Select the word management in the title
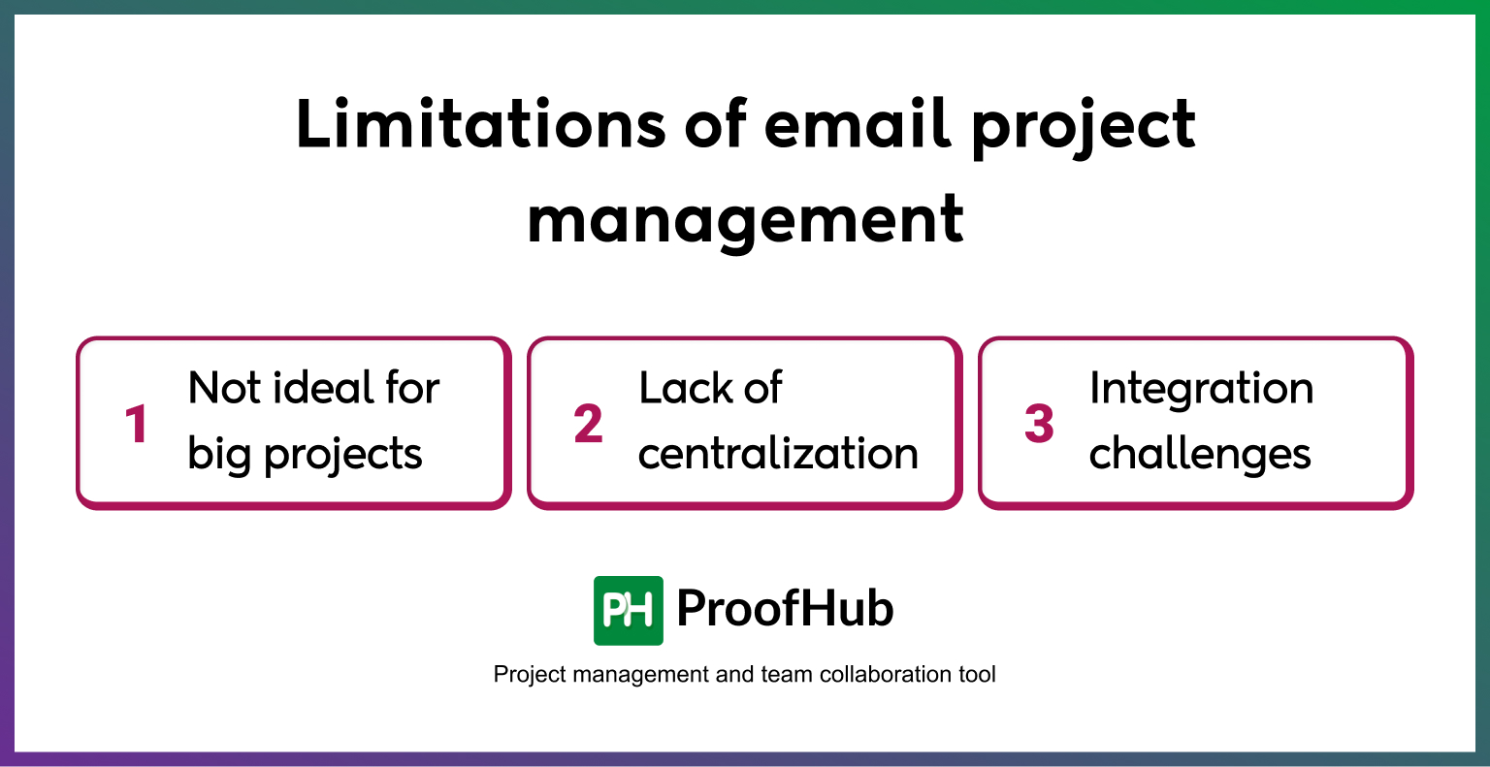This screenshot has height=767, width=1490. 745,219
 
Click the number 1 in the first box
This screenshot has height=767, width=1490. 137,425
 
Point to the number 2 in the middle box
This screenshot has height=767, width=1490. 588,425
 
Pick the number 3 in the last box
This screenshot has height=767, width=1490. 1039,425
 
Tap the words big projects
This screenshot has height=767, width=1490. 305,454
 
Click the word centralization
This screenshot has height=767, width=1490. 778,454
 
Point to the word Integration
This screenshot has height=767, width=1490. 1201,389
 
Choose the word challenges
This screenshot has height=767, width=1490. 1200,454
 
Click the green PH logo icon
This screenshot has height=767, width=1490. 628,610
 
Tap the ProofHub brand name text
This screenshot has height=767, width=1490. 785,609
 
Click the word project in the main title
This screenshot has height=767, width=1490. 1083,126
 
